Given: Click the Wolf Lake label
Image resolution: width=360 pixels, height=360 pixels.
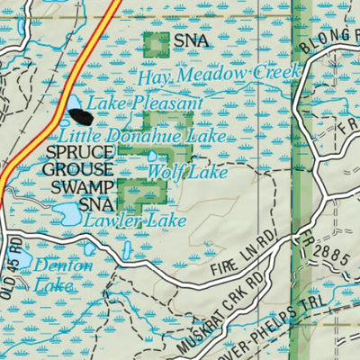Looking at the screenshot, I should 175,171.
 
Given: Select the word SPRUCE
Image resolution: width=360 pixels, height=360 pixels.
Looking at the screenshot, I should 76,153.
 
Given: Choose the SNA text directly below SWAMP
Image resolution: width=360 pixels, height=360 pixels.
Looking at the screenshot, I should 95,204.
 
